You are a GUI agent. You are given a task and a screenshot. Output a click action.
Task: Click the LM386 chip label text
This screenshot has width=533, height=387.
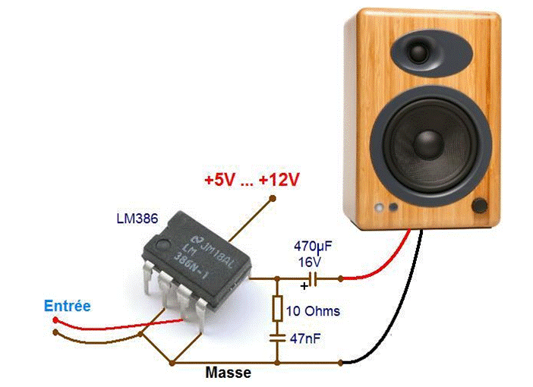[137, 219]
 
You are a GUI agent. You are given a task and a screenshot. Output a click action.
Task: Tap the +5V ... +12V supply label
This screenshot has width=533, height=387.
[251, 181]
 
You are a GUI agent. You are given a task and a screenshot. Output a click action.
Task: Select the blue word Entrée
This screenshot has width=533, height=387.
[67, 306]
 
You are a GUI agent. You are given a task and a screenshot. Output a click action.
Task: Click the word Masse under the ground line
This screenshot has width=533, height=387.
[228, 373]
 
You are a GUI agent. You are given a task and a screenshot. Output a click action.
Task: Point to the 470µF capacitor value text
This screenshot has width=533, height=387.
[314, 247]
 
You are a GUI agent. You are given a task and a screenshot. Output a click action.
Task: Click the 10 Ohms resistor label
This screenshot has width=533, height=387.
[315, 311]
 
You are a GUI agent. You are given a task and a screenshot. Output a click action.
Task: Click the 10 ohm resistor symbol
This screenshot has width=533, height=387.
[277, 308]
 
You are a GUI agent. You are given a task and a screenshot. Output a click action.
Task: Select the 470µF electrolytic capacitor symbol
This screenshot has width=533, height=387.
[311, 279]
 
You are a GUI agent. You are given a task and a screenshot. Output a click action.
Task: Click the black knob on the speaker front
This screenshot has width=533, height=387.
[480, 206]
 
